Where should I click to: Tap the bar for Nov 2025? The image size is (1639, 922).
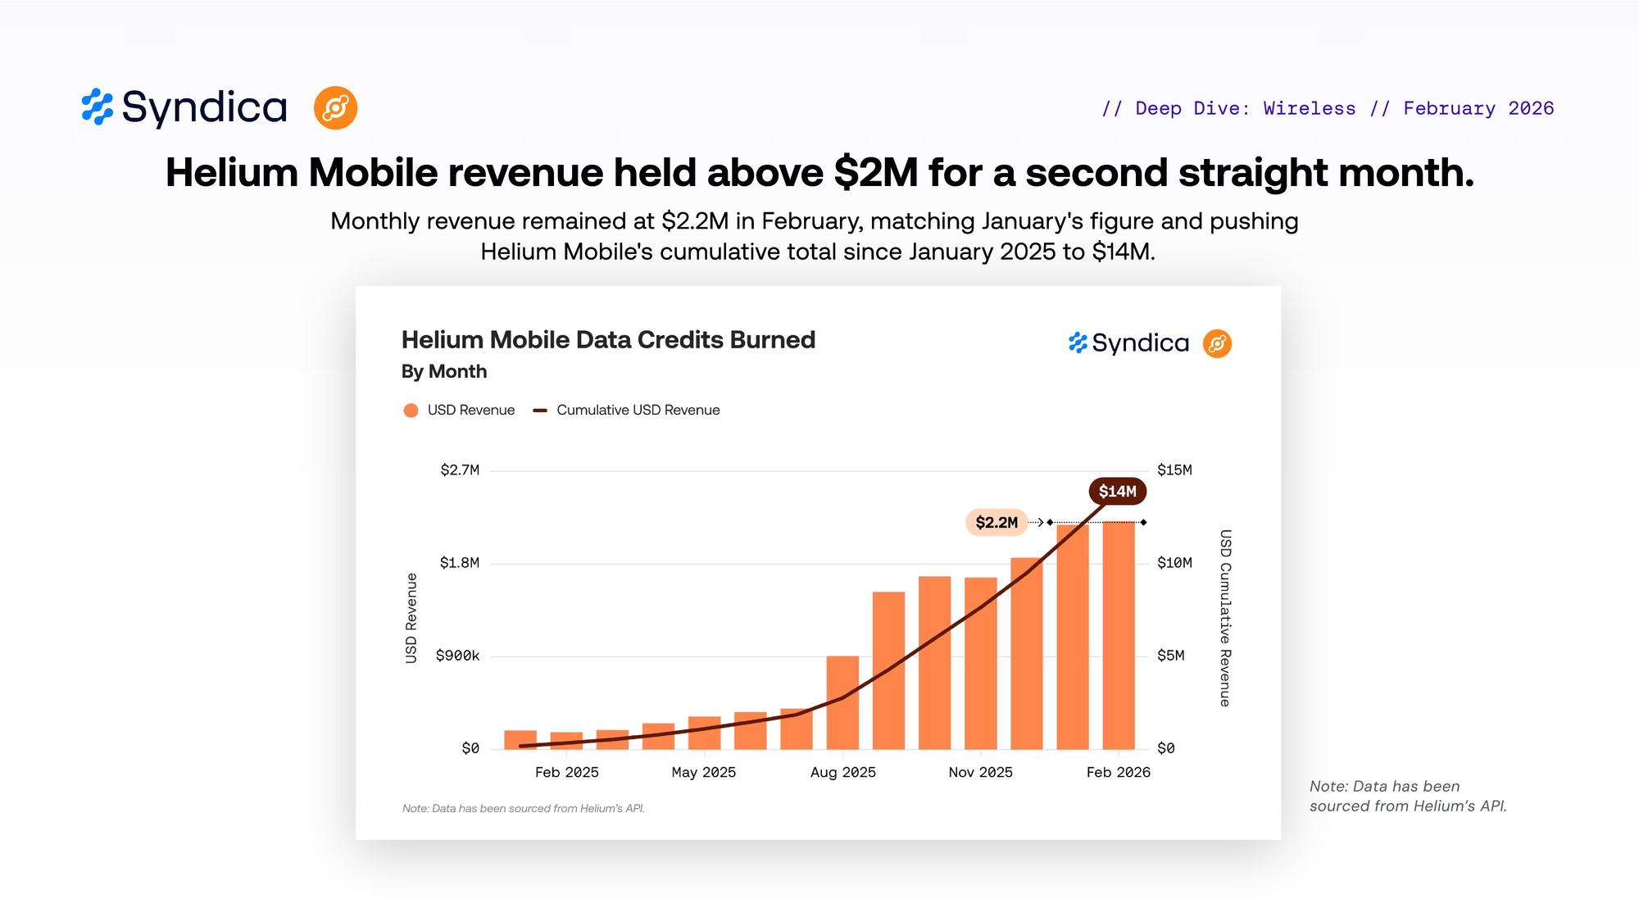(981, 663)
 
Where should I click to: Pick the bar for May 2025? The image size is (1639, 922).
(704, 733)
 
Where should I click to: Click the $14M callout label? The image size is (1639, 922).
(1117, 492)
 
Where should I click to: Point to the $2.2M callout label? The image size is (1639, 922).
(997, 523)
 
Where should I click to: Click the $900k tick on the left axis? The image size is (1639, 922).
(457, 656)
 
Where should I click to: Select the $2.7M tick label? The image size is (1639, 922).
(460, 470)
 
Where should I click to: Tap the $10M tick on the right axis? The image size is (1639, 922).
(1174, 563)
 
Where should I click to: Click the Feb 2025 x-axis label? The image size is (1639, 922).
(566, 773)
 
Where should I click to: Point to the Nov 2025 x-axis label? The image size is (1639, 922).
(980, 773)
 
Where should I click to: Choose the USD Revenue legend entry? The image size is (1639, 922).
(460, 411)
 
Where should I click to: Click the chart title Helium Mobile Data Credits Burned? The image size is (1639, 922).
(608, 340)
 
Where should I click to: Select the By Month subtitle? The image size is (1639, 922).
(444, 372)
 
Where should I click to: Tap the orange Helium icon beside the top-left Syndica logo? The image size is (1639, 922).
(335, 108)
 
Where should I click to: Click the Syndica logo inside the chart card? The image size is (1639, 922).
(1128, 343)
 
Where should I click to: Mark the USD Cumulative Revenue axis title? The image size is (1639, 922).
(1225, 618)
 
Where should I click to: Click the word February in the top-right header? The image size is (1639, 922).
(1449, 109)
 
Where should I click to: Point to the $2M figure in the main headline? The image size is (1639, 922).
(876, 173)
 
